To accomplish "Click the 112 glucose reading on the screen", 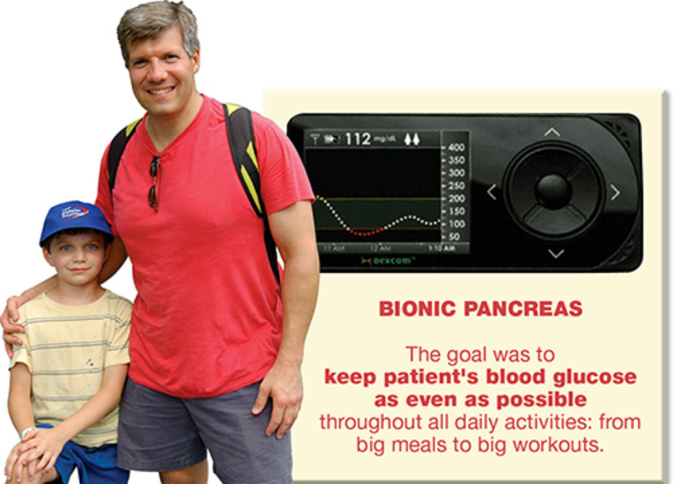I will [x=357, y=138].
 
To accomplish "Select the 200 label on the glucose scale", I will [x=457, y=198].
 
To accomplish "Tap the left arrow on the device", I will [x=491, y=192].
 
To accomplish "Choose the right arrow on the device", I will [x=615, y=192].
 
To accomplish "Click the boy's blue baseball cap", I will [x=76, y=220].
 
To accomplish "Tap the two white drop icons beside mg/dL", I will [x=412, y=138].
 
